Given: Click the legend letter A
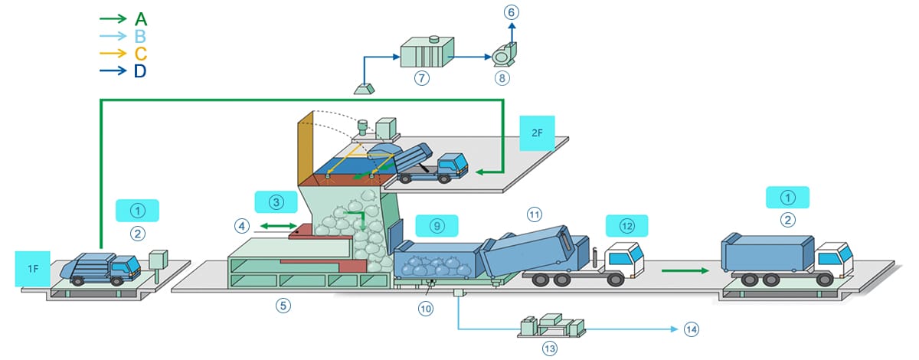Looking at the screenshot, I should point(140,18).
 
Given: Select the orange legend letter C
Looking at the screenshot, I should point(140,54).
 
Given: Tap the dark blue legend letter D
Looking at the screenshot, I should point(140,71).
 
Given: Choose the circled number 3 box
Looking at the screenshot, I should point(276,202).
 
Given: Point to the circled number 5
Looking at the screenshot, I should point(283,305).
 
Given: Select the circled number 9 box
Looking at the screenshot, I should point(437,225).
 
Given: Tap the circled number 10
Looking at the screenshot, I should point(427,309).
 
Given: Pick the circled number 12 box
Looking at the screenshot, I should point(626,225).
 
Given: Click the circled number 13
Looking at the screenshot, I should point(548,348).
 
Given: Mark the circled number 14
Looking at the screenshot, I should point(692,329).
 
